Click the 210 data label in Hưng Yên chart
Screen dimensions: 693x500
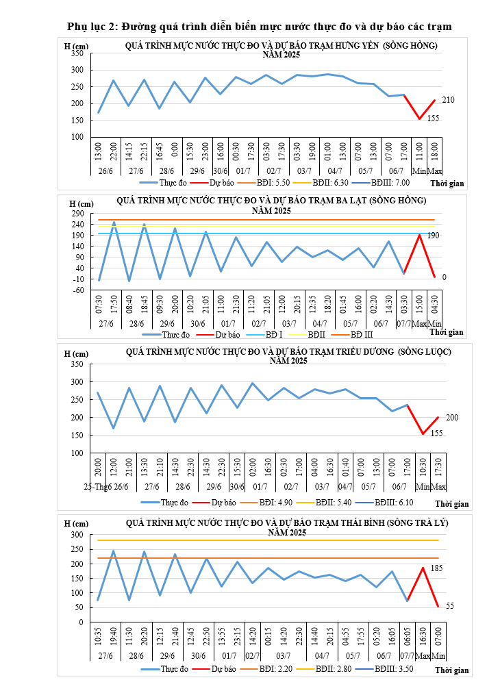click(449, 100)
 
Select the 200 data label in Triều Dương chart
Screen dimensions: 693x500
click(452, 417)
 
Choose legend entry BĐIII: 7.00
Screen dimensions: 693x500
click(392, 184)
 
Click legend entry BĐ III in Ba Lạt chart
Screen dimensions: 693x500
click(358, 335)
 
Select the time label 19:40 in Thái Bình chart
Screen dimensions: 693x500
click(113, 638)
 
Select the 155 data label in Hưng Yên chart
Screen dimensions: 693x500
click(434, 118)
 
